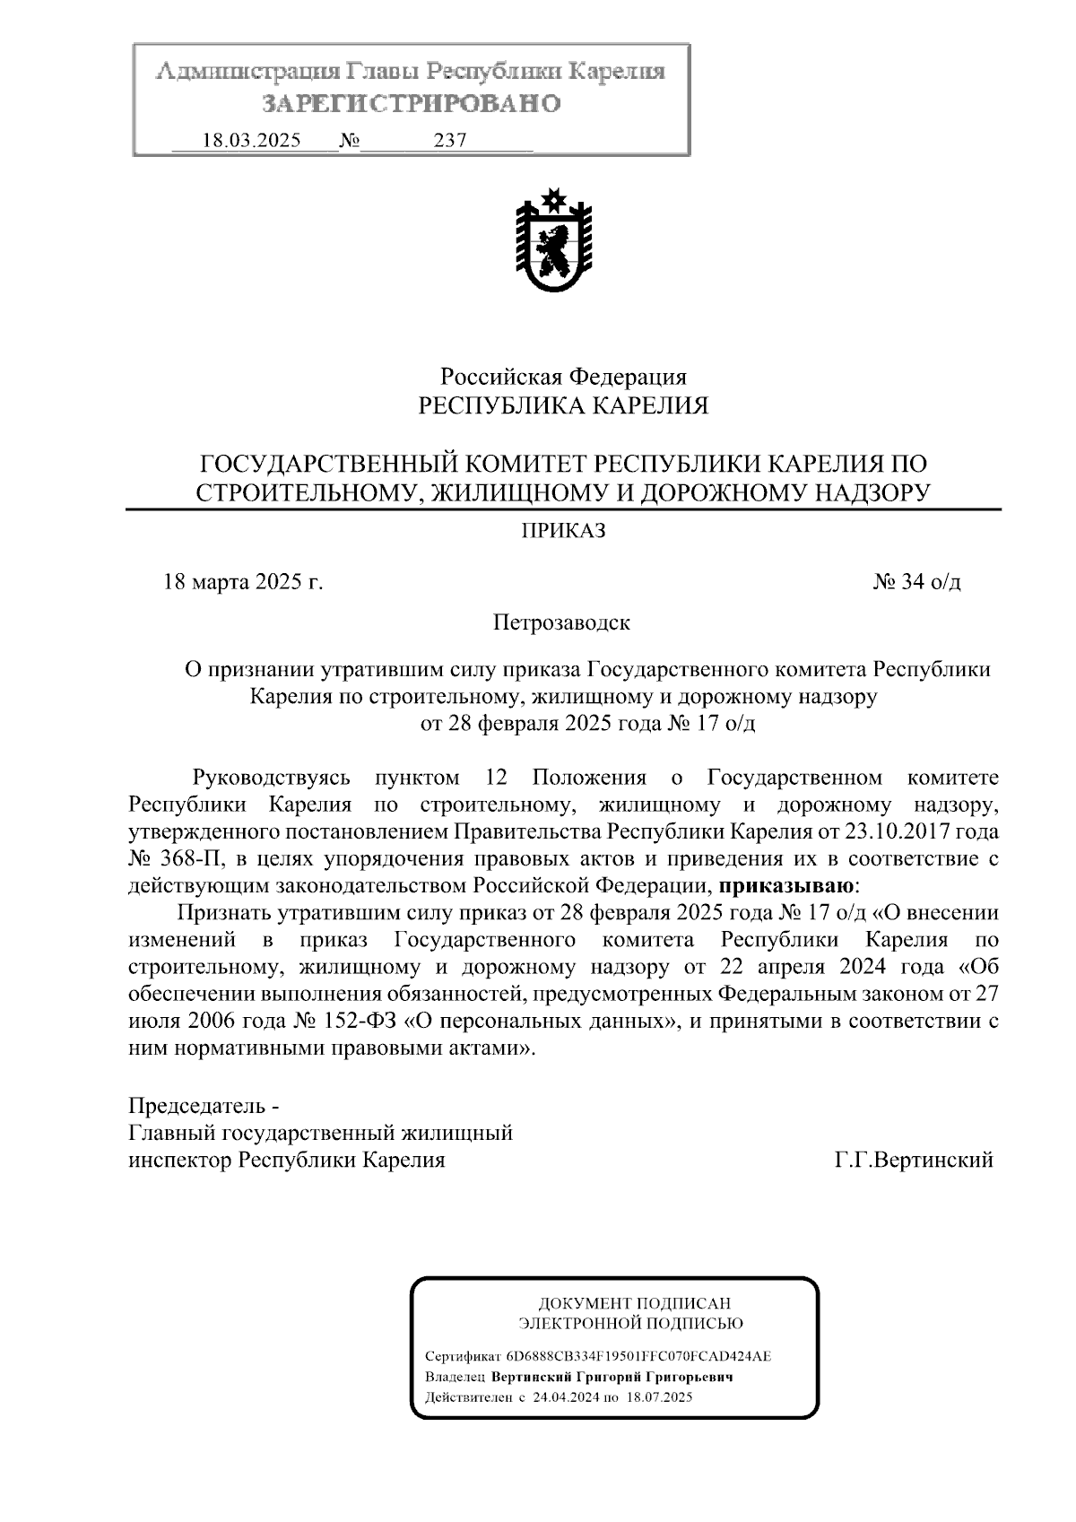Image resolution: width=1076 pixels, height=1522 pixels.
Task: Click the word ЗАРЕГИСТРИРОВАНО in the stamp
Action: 411,104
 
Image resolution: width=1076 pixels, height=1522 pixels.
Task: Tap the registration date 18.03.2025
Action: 252,141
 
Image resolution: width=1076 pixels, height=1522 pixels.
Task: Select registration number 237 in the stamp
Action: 450,141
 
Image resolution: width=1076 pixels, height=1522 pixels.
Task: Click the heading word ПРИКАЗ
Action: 564,532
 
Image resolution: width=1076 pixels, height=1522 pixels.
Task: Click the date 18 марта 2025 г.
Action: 242,582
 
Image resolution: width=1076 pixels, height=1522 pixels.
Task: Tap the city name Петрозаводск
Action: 561,622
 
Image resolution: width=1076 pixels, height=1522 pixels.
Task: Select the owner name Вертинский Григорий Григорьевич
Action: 613,1377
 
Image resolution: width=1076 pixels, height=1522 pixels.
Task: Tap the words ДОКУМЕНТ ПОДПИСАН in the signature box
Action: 634,1302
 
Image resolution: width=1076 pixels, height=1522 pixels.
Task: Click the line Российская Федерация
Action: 563,377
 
